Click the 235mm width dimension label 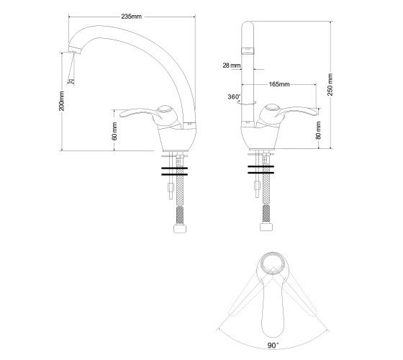[131, 17]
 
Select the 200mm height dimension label [62, 101]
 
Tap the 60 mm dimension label [114, 131]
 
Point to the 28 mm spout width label [232, 66]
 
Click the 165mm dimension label [279, 84]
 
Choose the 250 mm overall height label [330, 85]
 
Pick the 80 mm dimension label [318, 130]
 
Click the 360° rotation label [234, 97]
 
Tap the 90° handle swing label [273, 346]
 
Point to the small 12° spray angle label [71, 81]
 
